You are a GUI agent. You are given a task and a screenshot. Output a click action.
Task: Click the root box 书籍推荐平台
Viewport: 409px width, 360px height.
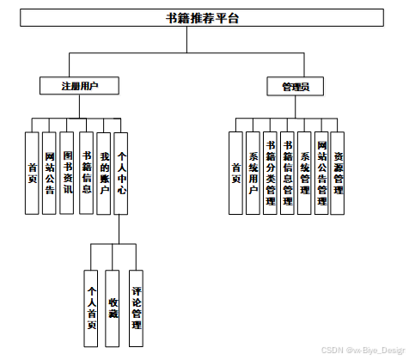click(202, 18)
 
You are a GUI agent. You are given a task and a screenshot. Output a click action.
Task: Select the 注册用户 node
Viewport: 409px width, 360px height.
click(79, 86)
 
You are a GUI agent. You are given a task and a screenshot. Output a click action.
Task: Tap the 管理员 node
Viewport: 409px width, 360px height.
click(296, 86)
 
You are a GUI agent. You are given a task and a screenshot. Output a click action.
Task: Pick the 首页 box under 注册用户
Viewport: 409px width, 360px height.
click(32, 173)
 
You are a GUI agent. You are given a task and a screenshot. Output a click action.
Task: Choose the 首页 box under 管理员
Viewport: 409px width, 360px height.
click(235, 173)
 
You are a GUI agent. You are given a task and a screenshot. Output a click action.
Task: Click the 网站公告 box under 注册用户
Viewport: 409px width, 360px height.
click(49, 173)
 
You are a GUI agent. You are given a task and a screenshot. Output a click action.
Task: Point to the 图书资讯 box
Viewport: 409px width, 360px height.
click(66, 173)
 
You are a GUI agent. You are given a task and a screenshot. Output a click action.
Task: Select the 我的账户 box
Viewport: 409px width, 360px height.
click(104, 174)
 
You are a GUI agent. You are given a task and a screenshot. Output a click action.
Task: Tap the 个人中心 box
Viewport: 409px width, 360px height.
click(121, 174)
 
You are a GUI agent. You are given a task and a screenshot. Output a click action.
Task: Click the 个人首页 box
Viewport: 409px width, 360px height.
click(91, 308)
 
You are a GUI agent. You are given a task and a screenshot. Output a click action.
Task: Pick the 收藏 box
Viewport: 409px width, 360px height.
click(113, 308)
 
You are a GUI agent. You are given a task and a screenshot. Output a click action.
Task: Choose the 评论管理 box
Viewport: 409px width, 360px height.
click(136, 308)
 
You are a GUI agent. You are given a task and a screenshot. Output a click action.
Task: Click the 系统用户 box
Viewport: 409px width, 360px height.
click(253, 173)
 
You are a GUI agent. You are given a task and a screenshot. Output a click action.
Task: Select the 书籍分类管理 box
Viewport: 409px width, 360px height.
click(270, 173)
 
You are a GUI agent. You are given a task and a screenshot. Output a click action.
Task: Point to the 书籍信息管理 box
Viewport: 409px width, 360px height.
click(287, 173)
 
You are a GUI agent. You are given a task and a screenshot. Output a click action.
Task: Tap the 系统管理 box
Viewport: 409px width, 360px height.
click(304, 173)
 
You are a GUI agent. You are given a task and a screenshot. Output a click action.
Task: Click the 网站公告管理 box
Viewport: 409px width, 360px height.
click(321, 173)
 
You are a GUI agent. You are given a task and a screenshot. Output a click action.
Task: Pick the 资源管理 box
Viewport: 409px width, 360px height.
click(338, 173)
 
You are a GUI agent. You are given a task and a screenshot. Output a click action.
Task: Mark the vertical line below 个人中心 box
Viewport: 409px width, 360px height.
click(119, 229)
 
